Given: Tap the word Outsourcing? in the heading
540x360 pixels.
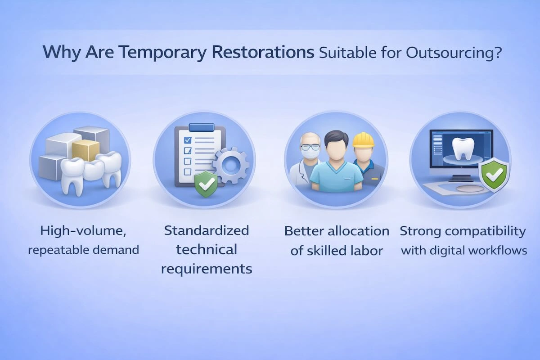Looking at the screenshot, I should pyautogui.click(x=454, y=52).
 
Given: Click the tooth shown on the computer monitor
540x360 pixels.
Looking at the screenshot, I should pyautogui.click(x=459, y=148).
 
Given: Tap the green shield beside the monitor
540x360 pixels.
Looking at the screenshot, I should pyautogui.click(x=494, y=176).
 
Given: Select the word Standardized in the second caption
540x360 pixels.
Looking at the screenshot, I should pyautogui.click(x=206, y=231).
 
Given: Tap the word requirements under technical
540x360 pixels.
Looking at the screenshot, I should pyautogui.click(x=206, y=269).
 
